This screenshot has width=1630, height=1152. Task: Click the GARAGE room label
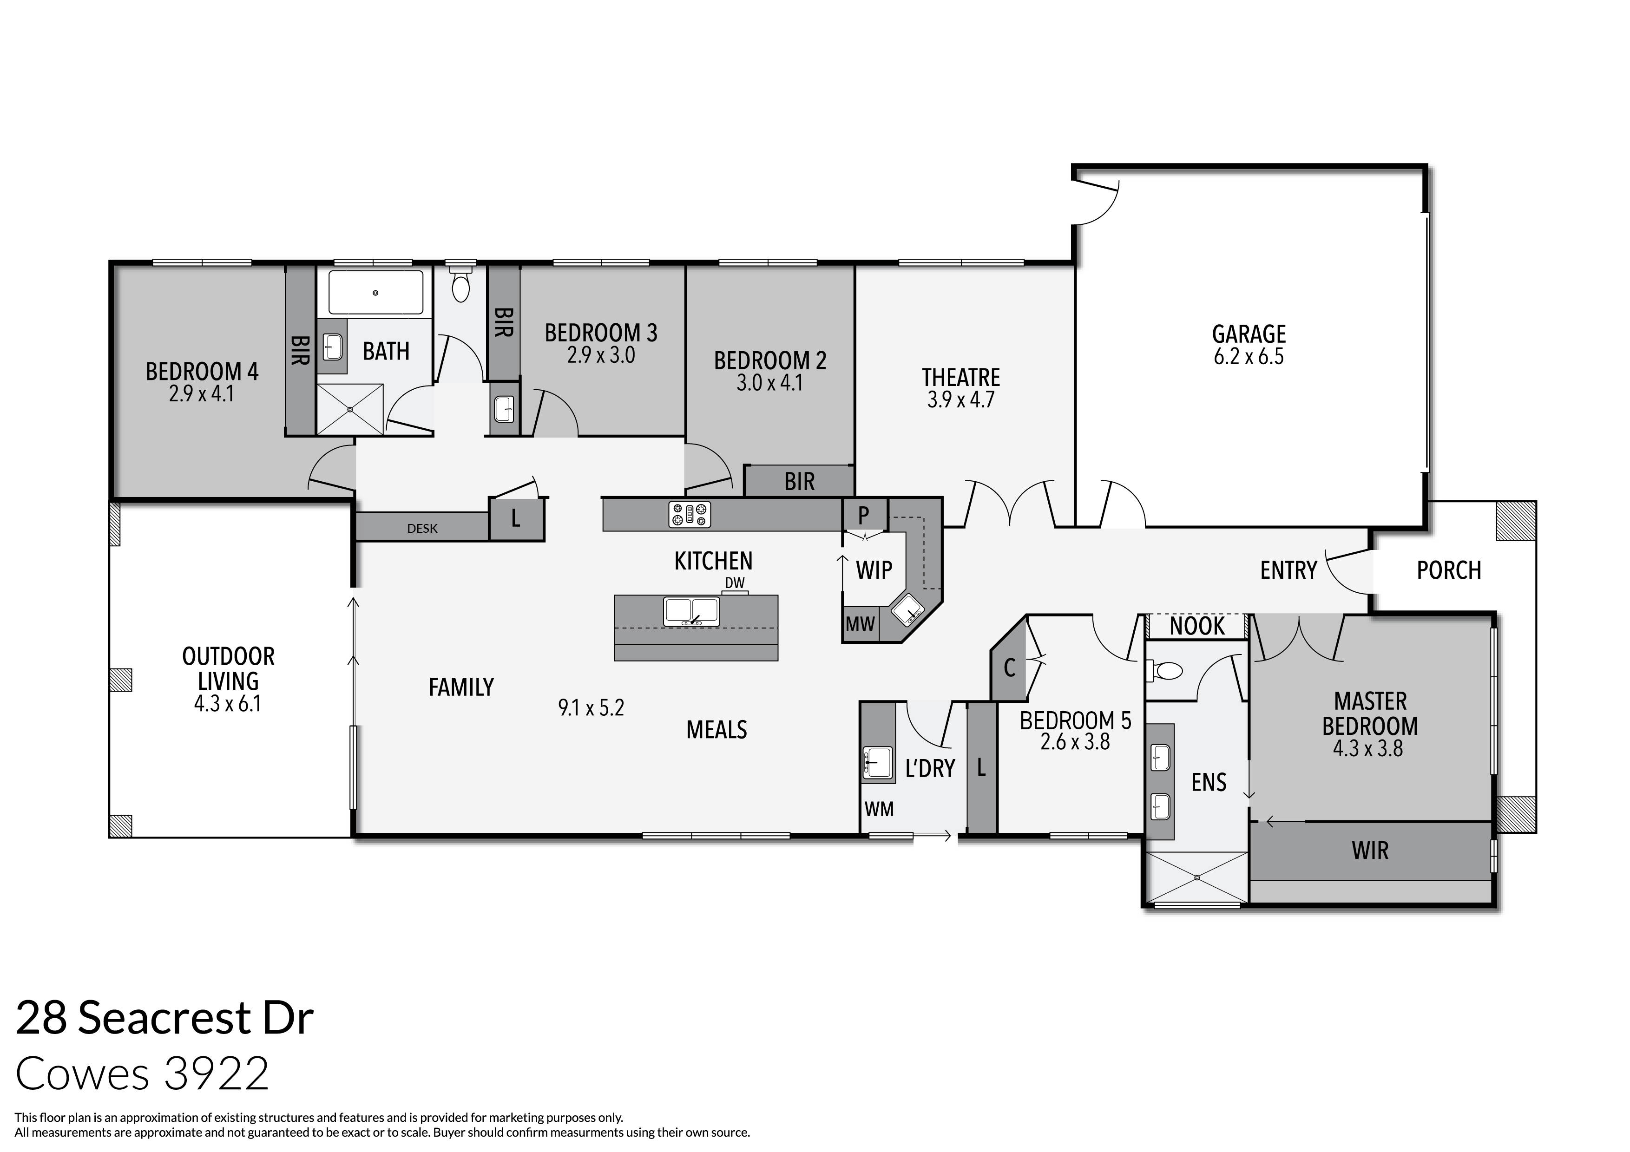[x=1248, y=334]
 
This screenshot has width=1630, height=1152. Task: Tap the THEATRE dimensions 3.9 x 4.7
[x=960, y=399]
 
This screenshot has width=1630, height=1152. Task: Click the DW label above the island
[x=735, y=583]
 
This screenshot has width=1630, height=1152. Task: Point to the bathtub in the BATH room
[x=375, y=293]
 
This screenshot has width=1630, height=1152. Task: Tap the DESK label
[x=422, y=528]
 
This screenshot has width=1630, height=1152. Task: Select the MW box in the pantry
[x=860, y=625]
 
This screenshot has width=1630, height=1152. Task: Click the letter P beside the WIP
[x=863, y=515]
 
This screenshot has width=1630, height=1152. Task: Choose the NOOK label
[x=1197, y=626]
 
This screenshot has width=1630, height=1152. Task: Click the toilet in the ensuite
[x=1164, y=671]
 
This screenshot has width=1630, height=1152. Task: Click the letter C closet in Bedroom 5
[x=1009, y=667]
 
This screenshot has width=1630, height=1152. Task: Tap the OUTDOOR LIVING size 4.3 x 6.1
[x=227, y=704]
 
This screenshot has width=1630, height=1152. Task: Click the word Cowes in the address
[x=82, y=1074]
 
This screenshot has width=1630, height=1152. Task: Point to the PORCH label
[x=1448, y=570]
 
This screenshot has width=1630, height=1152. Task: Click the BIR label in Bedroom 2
[x=799, y=482]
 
